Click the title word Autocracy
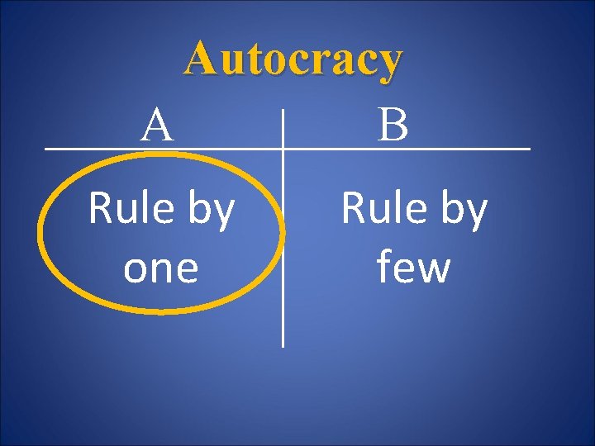[x=293, y=59]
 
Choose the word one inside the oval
[x=161, y=268]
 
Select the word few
[x=413, y=268]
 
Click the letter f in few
[x=384, y=267]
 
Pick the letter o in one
[x=134, y=270]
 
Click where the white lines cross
[x=283, y=149]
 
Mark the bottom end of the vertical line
[x=283, y=344]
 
